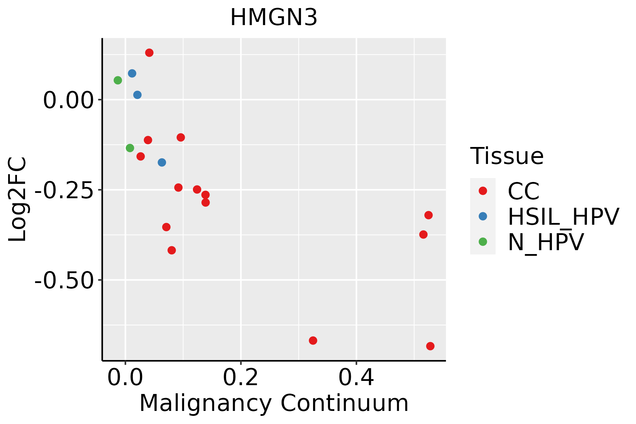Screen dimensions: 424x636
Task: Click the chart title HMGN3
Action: click(273, 18)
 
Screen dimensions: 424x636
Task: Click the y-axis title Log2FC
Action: click(18, 199)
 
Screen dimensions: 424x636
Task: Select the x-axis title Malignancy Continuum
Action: click(274, 404)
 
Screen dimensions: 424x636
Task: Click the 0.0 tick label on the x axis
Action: click(125, 378)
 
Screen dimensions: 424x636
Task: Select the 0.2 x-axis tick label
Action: click(241, 378)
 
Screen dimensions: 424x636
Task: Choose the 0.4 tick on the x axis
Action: click(356, 378)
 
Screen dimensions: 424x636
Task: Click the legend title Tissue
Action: click(507, 156)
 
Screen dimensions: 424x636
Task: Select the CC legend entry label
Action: click(524, 191)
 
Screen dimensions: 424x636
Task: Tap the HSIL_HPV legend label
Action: click(563, 217)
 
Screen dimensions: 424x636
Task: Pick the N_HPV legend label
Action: click(546, 242)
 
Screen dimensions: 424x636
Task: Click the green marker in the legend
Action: click(483, 242)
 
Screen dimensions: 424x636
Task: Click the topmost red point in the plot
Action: click(149, 53)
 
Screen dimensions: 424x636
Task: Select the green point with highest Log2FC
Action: click(118, 80)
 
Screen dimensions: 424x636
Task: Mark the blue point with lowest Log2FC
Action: click(162, 163)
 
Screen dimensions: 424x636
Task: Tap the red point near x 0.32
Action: click(313, 340)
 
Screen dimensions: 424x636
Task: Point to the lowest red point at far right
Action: click(430, 346)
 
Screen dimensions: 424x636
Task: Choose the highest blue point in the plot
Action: click(132, 73)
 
